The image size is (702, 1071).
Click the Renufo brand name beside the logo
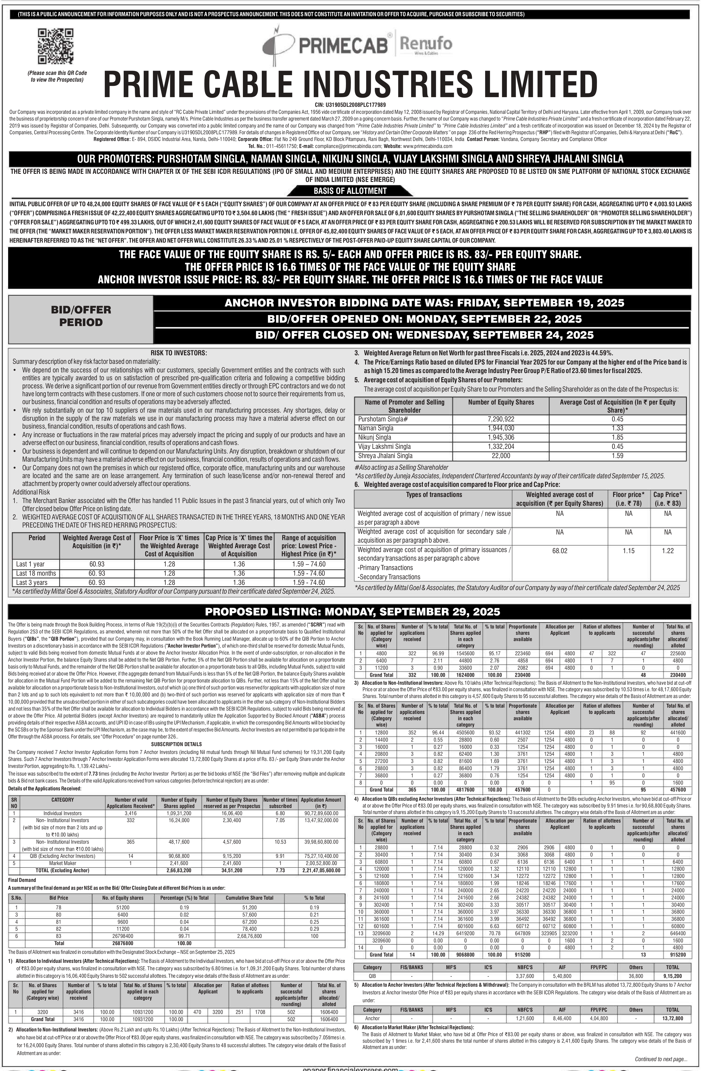[x=425, y=44]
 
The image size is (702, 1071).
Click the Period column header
[x=37, y=538]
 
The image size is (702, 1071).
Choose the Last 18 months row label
[x=36, y=573]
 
